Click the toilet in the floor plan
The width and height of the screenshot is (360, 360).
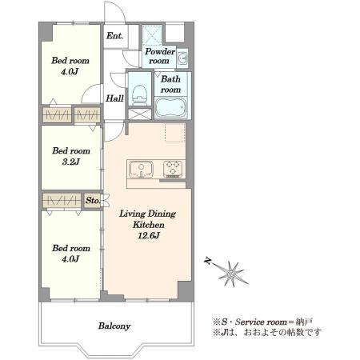(140, 95)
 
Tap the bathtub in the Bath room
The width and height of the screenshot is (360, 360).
(170, 108)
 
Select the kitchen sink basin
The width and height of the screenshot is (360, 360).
(141, 170)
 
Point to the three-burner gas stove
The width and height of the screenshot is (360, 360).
(174, 169)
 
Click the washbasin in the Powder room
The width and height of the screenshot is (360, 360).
(182, 58)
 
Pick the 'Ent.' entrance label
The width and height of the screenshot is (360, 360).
(114, 36)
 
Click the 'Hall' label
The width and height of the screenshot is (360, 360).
(114, 98)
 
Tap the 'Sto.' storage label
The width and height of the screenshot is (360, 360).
(93, 200)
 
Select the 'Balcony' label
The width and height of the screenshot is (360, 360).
(114, 326)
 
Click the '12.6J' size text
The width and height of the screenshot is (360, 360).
(149, 236)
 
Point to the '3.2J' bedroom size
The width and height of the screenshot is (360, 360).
(71, 162)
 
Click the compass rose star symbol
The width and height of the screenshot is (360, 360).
(231, 274)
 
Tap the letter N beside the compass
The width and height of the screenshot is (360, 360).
(207, 260)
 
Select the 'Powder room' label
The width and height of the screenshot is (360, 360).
(159, 56)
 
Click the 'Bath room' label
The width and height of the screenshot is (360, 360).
(170, 84)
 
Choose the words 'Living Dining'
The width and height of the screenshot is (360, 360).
(147, 214)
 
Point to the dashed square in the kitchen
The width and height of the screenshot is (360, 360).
(175, 133)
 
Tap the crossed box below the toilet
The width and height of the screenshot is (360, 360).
(140, 114)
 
